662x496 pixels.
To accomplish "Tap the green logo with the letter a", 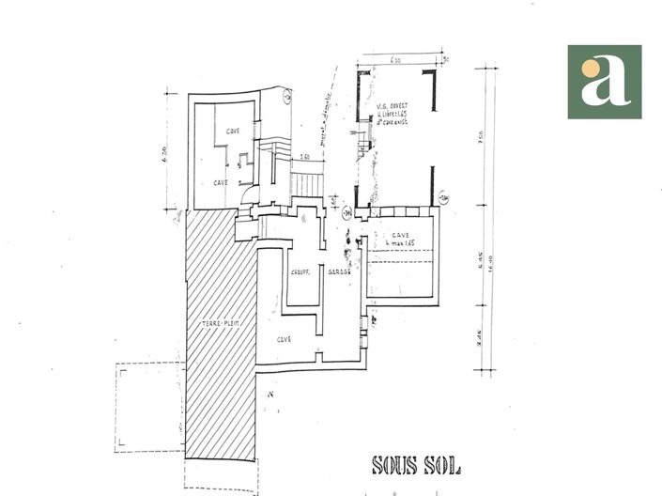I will coord(604,82).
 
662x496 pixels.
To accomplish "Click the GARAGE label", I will coord(339,272).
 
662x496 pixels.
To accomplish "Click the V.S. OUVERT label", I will coord(389,107).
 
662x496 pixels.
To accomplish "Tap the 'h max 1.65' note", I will coord(400,243).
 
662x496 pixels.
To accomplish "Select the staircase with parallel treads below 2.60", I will coord(305,180).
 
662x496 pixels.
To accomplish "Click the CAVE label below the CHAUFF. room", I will coord(284,339).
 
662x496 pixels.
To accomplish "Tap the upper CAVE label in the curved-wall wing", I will coord(233,132).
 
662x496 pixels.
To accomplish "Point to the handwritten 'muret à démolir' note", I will coord(328,99).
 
